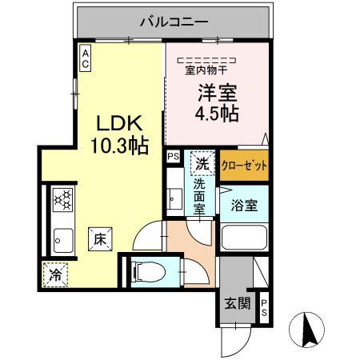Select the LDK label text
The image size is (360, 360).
[x=119, y=125]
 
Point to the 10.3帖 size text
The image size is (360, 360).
[x=119, y=147]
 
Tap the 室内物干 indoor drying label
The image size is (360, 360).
[x=206, y=69]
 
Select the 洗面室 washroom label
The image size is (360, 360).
[x=199, y=197]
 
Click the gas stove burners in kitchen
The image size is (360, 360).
[x=62, y=201]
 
